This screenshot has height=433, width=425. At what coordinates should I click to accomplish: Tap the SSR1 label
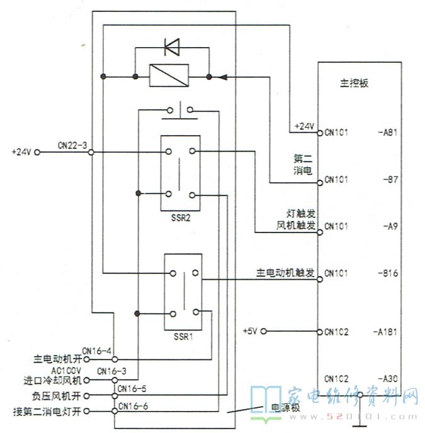point(183,335)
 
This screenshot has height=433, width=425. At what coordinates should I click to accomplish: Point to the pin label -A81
point(388,133)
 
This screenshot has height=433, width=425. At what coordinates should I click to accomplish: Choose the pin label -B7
point(390,180)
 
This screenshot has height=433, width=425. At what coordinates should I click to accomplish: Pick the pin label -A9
point(390,226)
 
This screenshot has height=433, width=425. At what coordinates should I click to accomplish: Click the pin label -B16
point(388,274)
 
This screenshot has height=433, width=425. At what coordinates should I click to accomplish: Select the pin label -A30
point(388,378)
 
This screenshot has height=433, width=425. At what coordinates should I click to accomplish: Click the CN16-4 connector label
point(97,351)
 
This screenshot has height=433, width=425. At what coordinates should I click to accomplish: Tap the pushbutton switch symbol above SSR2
point(179,112)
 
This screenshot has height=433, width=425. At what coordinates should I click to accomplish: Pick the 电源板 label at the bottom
point(285,408)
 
